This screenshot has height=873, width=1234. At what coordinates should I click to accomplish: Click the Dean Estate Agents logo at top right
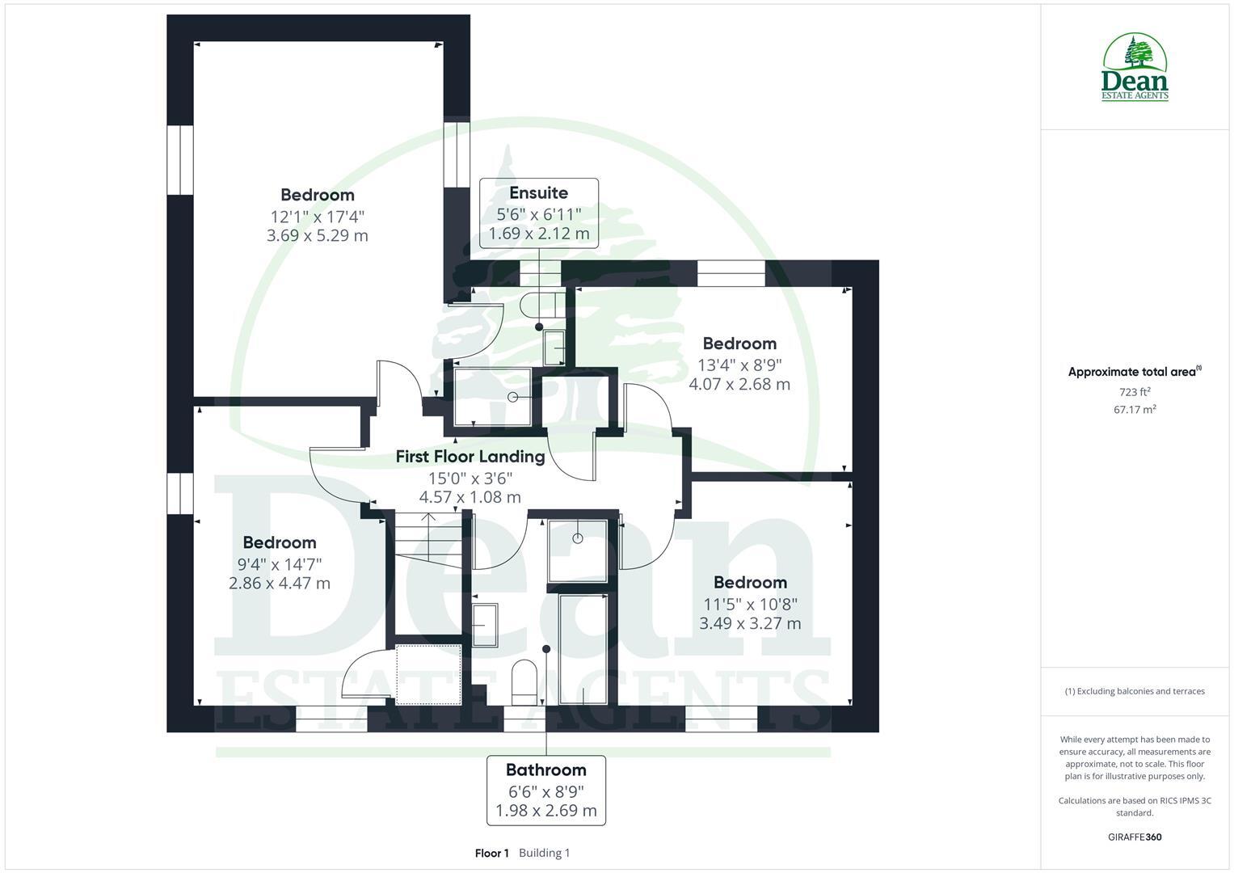coord(1135,68)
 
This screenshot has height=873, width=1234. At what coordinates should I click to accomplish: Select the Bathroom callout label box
coord(546,790)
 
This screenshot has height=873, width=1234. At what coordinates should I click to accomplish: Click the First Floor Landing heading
coord(470,457)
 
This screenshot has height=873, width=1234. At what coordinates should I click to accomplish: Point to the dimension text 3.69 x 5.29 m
coord(317,236)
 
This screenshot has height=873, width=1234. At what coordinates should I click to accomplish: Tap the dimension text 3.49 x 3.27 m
coord(750,623)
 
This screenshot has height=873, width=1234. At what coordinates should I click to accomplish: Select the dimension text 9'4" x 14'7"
coord(280,563)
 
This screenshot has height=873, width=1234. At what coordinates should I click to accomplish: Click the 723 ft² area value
coord(1135,392)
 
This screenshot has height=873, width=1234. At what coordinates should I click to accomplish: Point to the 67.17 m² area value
coord(1135,410)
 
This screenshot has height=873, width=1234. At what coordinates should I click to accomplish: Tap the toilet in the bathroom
coord(524,680)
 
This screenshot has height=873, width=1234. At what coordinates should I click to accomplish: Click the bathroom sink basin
coord(484,624)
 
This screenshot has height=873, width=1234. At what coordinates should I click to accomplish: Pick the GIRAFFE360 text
coord(1135,837)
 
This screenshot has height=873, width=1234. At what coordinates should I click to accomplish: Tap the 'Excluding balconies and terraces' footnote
coord(1135,691)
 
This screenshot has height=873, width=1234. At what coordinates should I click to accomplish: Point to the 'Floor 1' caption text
coord(491,853)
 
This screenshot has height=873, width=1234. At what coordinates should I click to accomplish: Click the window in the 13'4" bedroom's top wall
coord(731,273)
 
